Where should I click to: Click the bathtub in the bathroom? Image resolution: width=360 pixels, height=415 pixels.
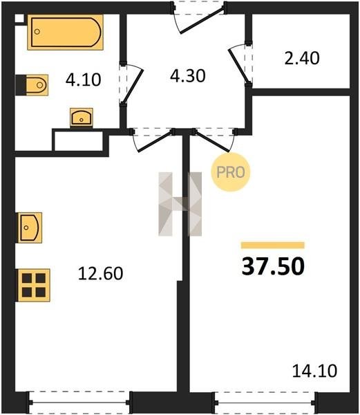pos(65,33)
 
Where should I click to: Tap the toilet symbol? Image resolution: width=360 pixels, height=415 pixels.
pos(32,85)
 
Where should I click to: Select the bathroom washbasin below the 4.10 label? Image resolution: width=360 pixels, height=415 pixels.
pos(82,118)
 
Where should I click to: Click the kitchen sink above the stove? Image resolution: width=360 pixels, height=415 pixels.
pos(30,228)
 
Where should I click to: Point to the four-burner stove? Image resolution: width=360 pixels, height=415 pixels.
pos(34,285)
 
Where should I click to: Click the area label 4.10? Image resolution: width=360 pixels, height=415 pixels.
pos(83,80)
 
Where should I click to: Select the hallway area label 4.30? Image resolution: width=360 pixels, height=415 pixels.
pos(188,75)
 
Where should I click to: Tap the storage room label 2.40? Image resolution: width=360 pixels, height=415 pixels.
pos(302,58)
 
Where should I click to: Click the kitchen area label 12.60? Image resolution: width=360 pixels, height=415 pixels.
pos(101,273)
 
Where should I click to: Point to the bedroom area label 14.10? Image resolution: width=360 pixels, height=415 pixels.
pos(314,371)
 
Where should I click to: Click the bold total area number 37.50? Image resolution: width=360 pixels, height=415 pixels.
pos(273,266)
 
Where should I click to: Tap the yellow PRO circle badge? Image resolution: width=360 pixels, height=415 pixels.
pos(231,172)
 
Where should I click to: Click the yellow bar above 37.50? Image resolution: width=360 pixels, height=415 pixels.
pos(273,246)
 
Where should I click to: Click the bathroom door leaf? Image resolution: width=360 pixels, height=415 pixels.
pos(133,86)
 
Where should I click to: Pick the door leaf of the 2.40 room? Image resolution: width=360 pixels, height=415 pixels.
pos(238,66)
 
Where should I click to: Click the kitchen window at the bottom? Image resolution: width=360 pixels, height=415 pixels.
pos(79,403)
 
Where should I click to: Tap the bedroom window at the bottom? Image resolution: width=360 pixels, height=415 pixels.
pos(265,403)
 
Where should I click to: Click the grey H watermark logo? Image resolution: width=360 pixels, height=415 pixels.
pos(180,204)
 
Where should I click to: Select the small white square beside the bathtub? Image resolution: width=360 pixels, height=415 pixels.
pos(19,18)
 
